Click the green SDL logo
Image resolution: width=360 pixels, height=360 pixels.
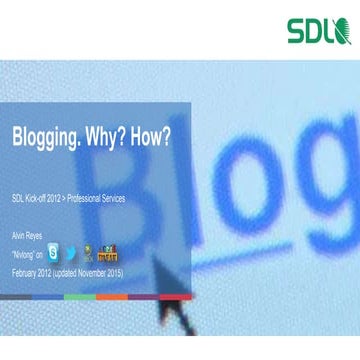[318, 32]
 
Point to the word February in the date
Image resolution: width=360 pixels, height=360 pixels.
[26, 273]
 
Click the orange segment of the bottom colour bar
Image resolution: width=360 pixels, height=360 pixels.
[112, 297]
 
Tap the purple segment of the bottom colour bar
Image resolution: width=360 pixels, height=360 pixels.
[144, 297]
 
